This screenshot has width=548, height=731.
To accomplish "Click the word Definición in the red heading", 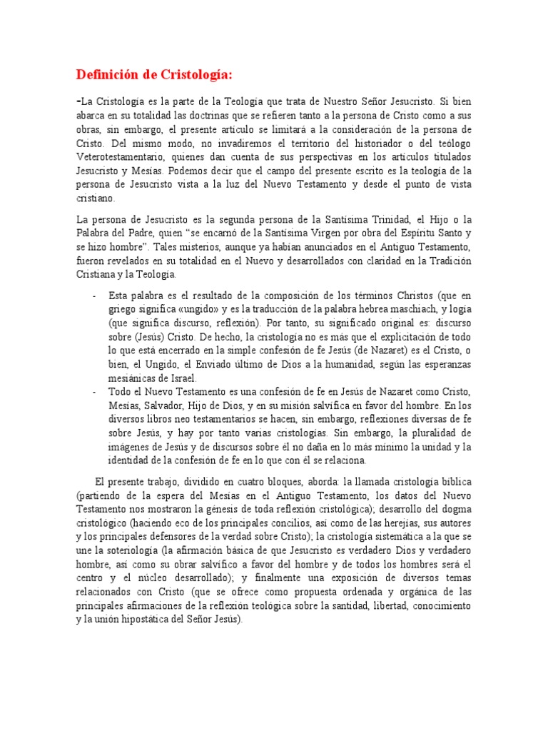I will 107,74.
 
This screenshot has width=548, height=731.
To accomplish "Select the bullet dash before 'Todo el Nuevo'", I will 96,393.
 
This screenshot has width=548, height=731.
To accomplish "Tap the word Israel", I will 179,378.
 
